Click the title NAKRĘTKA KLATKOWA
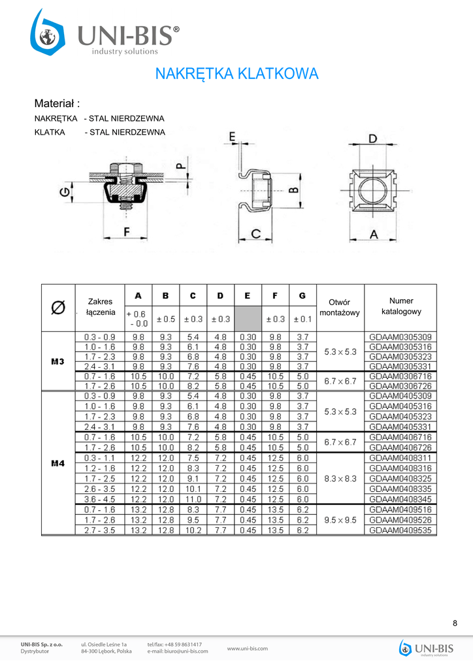click(x=236, y=74)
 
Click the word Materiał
click(x=57, y=103)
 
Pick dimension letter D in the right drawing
click(x=372, y=139)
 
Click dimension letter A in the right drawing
click(x=374, y=234)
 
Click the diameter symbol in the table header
click(x=58, y=307)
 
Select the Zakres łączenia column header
click(x=100, y=307)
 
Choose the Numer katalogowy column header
click(x=401, y=306)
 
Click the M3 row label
click(x=57, y=361)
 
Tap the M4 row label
click(x=57, y=463)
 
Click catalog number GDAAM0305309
click(x=400, y=337)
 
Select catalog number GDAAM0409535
click(x=400, y=530)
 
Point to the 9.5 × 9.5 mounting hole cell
click(x=340, y=521)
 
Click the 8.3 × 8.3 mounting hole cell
click(x=340, y=478)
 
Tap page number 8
click(x=455, y=623)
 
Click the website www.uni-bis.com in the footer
click(x=248, y=649)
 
